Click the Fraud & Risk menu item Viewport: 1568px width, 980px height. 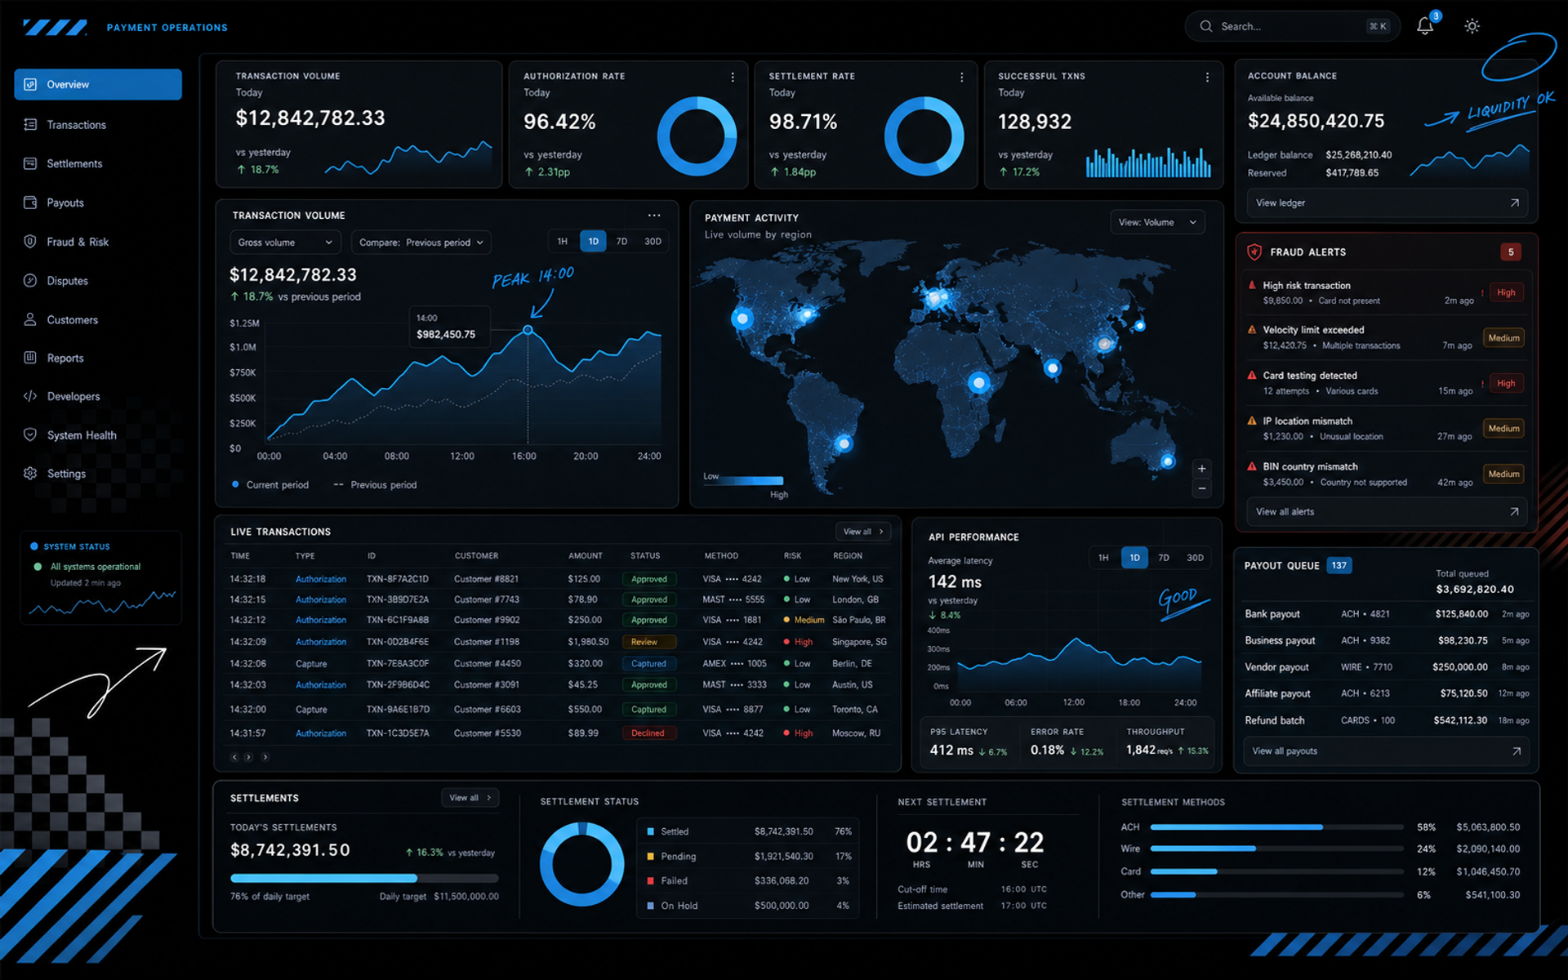click(78, 242)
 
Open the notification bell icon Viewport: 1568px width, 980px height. click(1425, 26)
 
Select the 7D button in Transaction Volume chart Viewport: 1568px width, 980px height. click(621, 242)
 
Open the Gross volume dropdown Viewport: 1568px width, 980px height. click(285, 243)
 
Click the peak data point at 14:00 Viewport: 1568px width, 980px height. click(528, 330)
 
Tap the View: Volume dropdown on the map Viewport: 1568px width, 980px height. click(1157, 222)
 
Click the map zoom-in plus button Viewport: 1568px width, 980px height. click(1201, 469)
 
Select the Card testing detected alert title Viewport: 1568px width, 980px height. click(1310, 376)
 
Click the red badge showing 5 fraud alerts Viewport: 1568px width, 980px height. click(1511, 252)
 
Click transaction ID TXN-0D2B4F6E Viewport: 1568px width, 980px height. click(398, 642)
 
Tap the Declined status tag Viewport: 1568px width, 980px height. click(648, 733)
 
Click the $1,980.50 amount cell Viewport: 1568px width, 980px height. click(588, 642)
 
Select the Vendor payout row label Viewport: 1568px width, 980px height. click(1276, 667)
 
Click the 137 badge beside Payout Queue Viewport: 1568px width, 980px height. click(1339, 565)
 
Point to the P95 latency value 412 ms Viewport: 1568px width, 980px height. click(951, 751)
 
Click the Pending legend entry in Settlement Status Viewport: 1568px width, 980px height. click(678, 857)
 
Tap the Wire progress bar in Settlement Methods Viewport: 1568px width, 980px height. click(1276, 849)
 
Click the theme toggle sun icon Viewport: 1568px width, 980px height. click(1472, 26)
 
